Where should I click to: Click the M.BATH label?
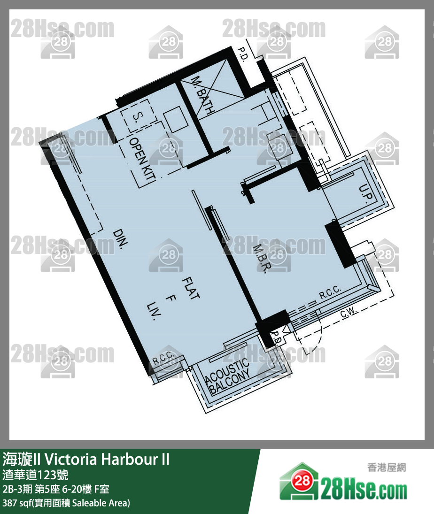pos(203,95)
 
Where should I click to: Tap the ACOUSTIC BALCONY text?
pos(227,376)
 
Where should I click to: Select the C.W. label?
pos(349,313)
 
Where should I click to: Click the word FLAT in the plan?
pos(191,288)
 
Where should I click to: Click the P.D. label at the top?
pos(243,54)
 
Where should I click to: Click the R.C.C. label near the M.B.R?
pos(330,292)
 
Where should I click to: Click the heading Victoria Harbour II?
pos(107,460)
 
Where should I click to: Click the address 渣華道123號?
pos(35,475)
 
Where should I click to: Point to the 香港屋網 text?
pos(387,467)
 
